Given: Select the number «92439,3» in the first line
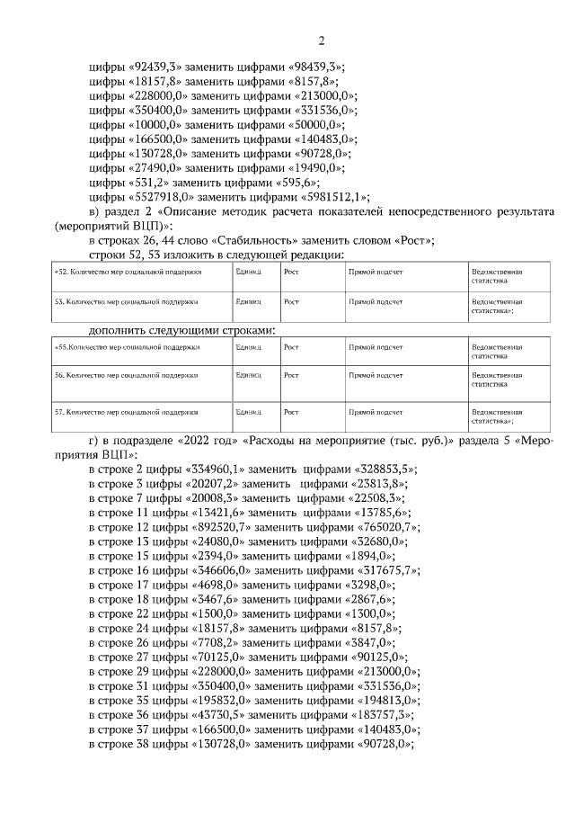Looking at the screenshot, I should [x=160, y=67].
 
